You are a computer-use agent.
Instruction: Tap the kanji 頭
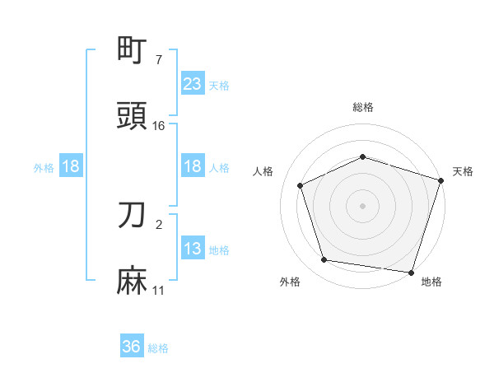[x=133, y=116]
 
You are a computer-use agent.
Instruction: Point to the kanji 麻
[x=133, y=281]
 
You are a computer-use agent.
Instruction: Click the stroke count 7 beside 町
[x=159, y=59]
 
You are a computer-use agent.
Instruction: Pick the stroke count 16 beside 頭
[x=159, y=125]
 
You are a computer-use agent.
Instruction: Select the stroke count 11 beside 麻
[x=159, y=290]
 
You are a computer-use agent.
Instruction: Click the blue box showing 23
[x=192, y=83]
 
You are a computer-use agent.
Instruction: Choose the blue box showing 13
[x=192, y=249]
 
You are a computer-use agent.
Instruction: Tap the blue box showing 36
[x=132, y=347]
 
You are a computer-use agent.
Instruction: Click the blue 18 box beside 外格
[x=71, y=167]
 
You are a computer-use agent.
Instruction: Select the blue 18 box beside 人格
[x=192, y=167]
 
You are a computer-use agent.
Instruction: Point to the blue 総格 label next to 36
[x=158, y=348]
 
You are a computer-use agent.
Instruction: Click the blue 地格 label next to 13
[x=219, y=250]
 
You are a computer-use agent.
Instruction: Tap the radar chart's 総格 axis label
[x=363, y=108]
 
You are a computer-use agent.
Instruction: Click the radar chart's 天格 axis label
[x=463, y=171]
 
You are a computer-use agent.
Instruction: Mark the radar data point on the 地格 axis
[x=412, y=272]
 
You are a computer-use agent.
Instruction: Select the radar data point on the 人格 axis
[x=301, y=185]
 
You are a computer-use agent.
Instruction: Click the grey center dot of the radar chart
[x=363, y=205]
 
